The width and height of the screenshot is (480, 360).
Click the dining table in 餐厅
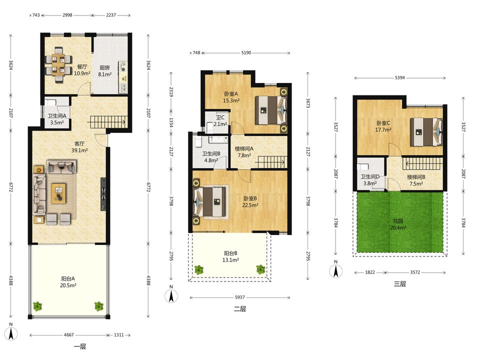pyautogui.click(x=58, y=65)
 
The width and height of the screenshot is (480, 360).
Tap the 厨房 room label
pyautogui.click(x=104, y=67)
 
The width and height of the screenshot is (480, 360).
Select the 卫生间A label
pyautogui.click(x=57, y=116)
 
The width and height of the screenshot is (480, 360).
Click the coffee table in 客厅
pyautogui.click(x=59, y=193)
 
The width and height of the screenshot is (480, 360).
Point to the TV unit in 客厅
pyautogui.click(x=103, y=194)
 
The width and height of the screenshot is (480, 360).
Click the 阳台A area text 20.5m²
pyautogui.click(x=68, y=285)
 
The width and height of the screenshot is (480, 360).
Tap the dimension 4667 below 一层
pyautogui.click(x=69, y=335)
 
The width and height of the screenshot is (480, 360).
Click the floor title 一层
pyautogui.click(x=80, y=346)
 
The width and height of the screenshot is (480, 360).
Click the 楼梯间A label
pyautogui.click(x=244, y=149)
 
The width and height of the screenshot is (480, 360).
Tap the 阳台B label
pyautogui.click(x=230, y=253)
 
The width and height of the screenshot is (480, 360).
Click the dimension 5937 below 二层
pyautogui.click(x=240, y=297)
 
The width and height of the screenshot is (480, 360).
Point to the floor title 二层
pyautogui.click(x=240, y=309)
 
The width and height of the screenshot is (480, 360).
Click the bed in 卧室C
pyautogui.click(x=426, y=132)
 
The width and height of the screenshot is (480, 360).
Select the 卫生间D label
pyautogui.click(x=370, y=176)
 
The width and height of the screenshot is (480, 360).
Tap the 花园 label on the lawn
pyautogui.click(x=398, y=221)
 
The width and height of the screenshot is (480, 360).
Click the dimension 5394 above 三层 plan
pyautogui.click(x=400, y=78)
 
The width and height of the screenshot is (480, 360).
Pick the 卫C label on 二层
pyautogui.click(x=220, y=117)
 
